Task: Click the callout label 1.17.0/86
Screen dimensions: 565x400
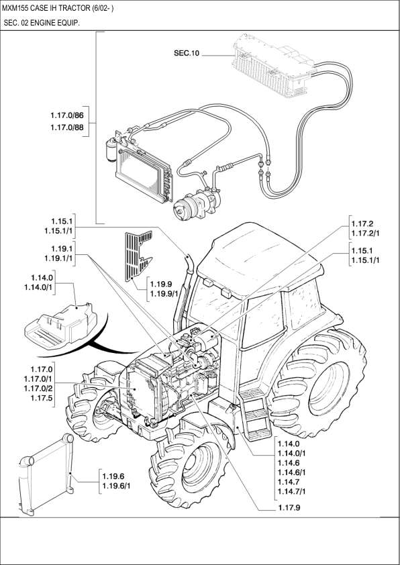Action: pos(71,116)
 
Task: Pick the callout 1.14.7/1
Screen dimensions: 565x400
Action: pos(295,492)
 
